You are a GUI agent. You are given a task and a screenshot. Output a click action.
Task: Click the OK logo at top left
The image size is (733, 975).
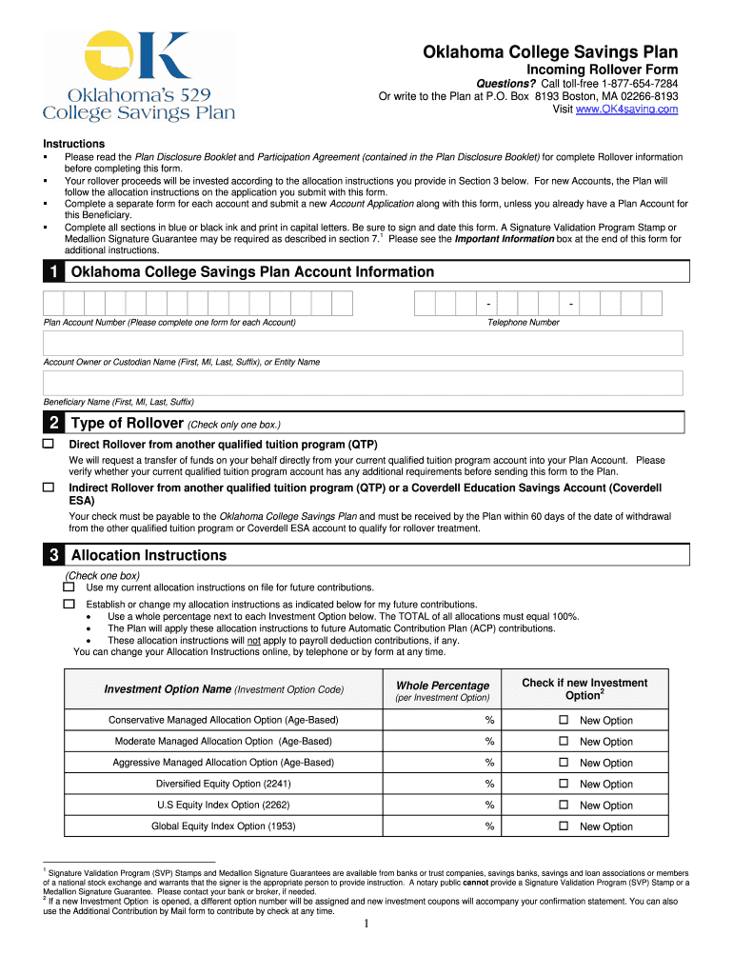pyautogui.click(x=138, y=57)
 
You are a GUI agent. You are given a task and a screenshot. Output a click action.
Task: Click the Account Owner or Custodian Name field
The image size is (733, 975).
pyautogui.click(x=363, y=344)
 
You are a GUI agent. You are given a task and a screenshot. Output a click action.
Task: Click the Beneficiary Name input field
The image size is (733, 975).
pyautogui.click(x=363, y=383)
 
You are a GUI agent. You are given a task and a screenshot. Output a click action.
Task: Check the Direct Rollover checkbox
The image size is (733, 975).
pyautogui.click(x=49, y=445)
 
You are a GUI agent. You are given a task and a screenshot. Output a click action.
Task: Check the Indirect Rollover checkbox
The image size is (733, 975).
pyautogui.click(x=49, y=487)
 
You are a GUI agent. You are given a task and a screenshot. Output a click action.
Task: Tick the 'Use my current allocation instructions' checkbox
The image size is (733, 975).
pyautogui.click(x=69, y=587)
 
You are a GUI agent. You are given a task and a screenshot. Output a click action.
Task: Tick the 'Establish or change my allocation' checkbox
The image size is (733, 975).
pyautogui.click(x=69, y=605)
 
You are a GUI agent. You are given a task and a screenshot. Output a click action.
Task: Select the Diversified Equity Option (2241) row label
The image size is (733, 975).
pyautogui.click(x=223, y=784)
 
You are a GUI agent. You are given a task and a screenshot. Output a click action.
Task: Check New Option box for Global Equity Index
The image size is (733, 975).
pyautogui.click(x=563, y=826)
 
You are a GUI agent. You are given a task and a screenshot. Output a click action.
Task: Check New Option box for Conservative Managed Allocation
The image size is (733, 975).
pyautogui.click(x=563, y=721)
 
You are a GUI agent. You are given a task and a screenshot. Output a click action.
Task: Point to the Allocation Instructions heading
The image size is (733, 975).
pyautogui.click(x=149, y=555)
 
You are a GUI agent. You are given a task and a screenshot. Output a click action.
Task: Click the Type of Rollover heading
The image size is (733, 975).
pyautogui.click(x=127, y=424)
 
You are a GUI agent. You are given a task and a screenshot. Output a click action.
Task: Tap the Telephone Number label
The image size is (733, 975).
pyautogui.click(x=524, y=323)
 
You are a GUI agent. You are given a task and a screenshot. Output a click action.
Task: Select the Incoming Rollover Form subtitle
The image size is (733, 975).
pyautogui.click(x=603, y=70)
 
